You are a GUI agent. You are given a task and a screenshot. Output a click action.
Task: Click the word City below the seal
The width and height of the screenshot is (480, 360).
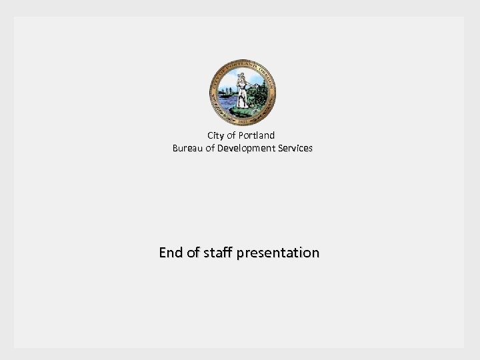(216, 136)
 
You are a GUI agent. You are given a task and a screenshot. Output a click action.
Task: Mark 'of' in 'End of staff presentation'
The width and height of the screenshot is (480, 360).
(193, 253)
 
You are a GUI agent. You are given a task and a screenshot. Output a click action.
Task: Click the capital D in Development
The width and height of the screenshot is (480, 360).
(221, 148)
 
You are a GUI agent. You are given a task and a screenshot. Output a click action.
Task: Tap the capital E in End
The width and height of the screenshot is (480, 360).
(163, 253)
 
